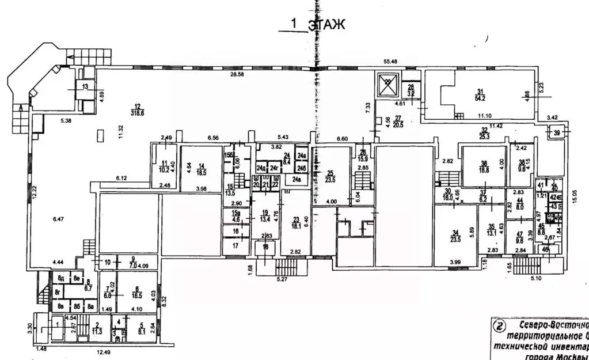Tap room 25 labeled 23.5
point(330,176)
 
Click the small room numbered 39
point(556,133)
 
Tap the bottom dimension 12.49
point(104,353)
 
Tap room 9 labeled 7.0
point(116,263)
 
